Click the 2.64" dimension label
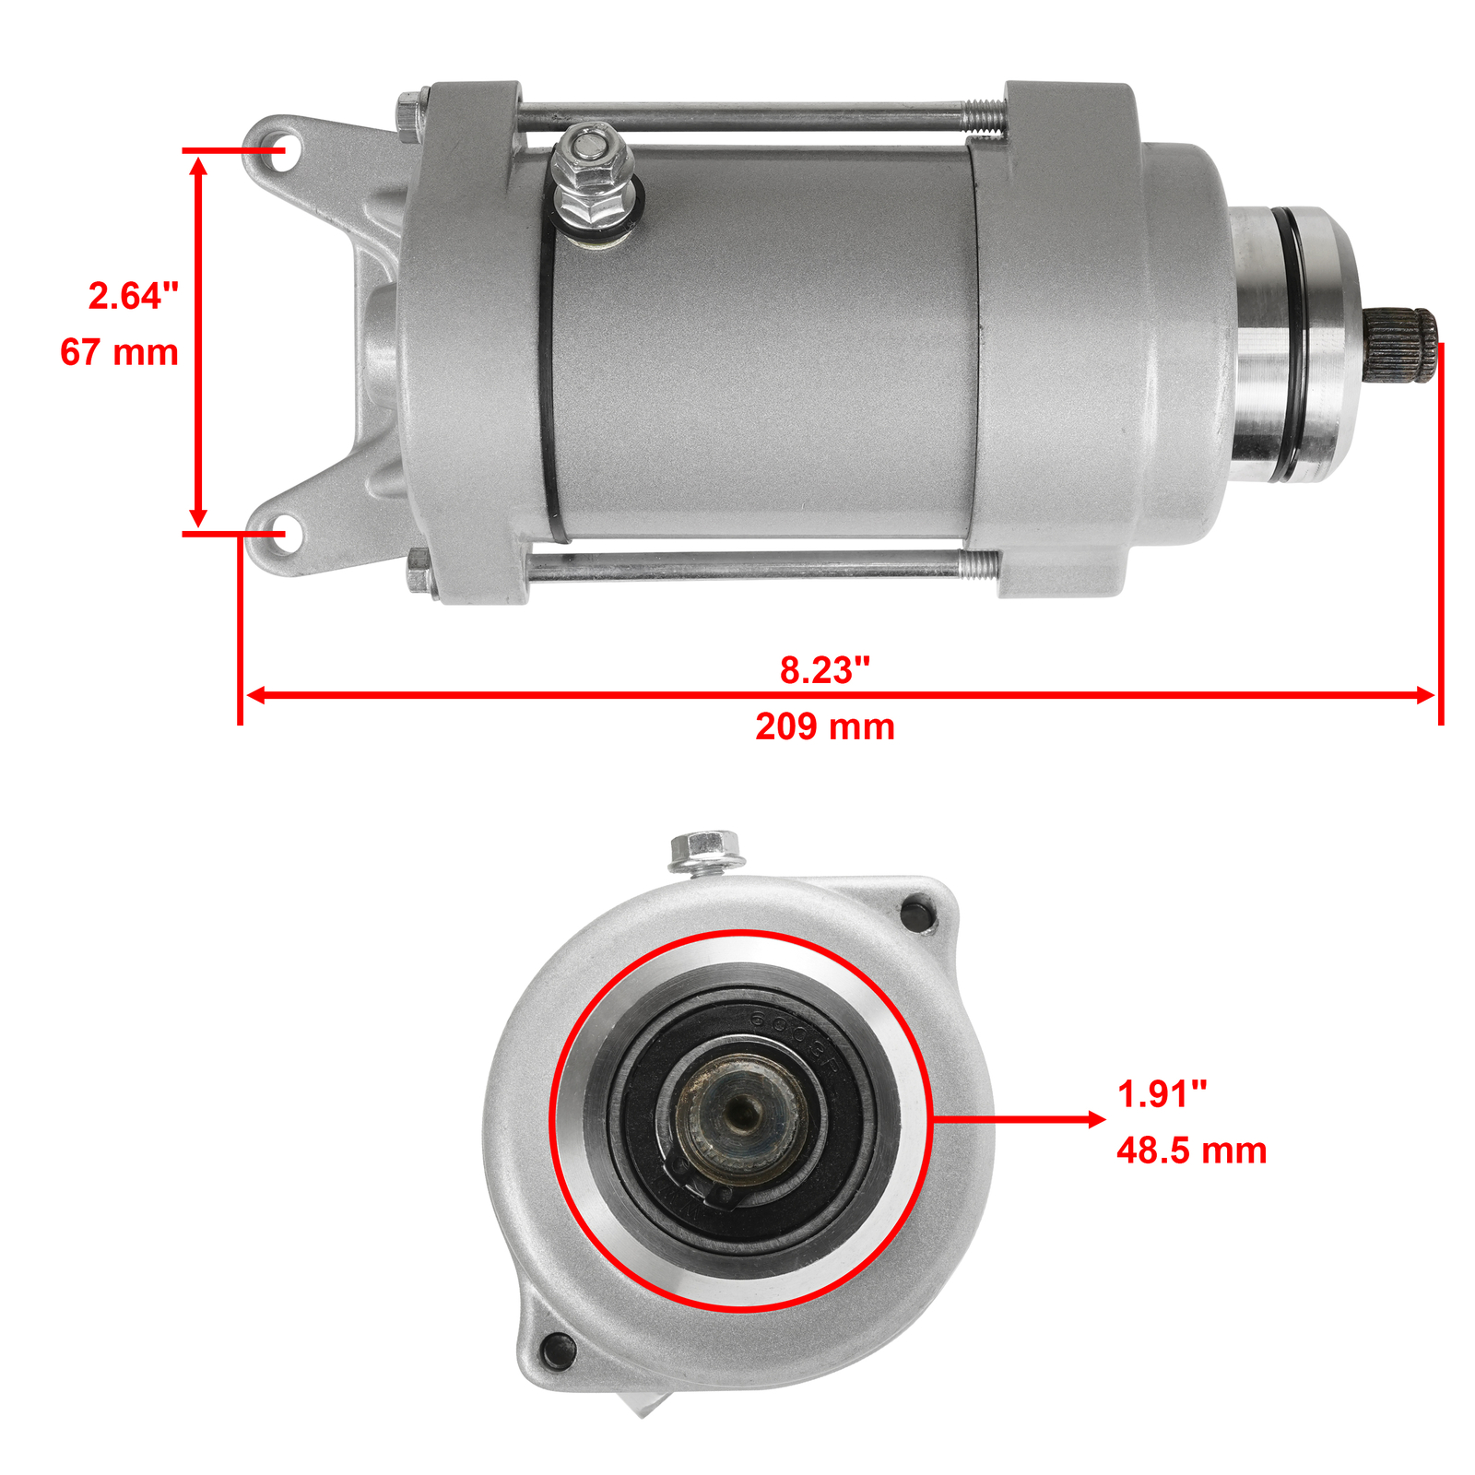pos(134,297)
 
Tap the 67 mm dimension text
pos(119,353)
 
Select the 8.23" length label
pos(824,670)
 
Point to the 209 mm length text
pos(824,727)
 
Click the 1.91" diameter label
pos(1162,1095)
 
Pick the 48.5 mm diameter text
pos(1191,1151)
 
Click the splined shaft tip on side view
pos(1401,346)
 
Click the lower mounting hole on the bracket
pos(279,532)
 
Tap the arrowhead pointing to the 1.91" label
pos(1096,1120)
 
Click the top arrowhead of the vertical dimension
pos(198,166)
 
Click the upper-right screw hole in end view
pos(918,914)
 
